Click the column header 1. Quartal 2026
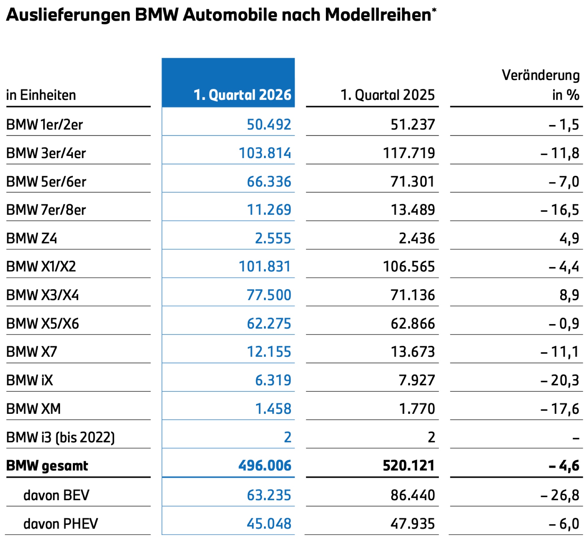[242, 95]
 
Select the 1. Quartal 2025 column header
[388, 95]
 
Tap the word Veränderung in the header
[541, 75]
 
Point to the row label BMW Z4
[32, 238]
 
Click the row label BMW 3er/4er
[46, 153]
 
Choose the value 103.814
[265, 153]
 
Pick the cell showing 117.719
[409, 153]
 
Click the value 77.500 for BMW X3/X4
[269, 295]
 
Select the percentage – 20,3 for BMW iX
[560, 380]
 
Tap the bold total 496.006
[265, 466]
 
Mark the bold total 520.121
[409, 466]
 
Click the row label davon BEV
[56, 495]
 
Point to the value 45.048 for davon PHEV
[269, 524]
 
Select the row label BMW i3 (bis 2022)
[60, 437]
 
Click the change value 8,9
[569, 295]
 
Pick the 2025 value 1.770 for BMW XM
[417, 409]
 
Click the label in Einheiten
[41, 95]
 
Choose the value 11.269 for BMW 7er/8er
[269, 210]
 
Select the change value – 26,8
[560, 495]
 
